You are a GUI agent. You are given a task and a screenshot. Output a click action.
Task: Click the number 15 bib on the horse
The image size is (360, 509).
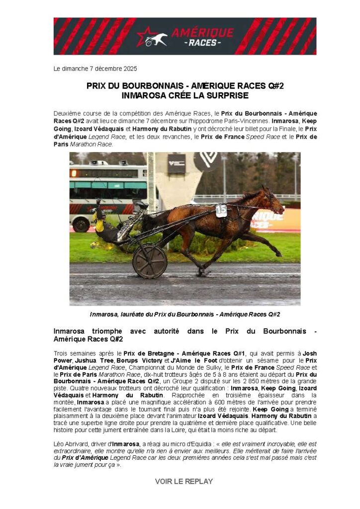[x=221, y=211]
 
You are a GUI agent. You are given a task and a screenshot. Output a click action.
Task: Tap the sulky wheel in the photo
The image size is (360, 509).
[x=150, y=260]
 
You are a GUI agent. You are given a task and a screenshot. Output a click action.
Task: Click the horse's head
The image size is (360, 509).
[x=272, y=201]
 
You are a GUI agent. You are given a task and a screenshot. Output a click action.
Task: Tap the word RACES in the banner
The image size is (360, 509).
[x=201, y=43]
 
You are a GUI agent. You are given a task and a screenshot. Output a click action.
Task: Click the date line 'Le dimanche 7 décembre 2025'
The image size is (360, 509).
[x=95, y=69]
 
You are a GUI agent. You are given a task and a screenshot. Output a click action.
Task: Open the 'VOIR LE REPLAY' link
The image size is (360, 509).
[x=184, y=481]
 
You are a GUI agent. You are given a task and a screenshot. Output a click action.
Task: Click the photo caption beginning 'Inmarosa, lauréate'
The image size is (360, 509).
[x=185, y=314]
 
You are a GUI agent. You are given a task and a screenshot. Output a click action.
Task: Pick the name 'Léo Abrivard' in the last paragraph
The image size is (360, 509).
[x=69, y=443]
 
